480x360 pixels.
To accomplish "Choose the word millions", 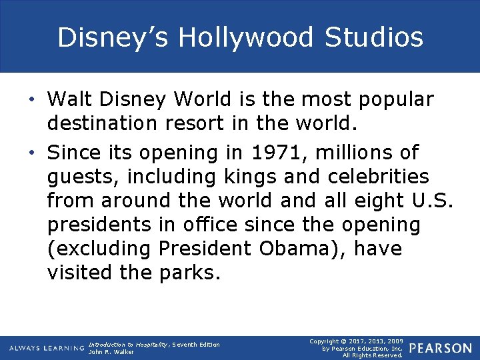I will coord(347,153).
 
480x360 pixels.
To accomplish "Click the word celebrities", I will coord(379,177).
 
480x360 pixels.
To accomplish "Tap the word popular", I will coord(396,99).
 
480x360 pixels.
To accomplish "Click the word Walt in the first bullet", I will coord(69,99).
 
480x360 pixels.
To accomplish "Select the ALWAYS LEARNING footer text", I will coord(45,348).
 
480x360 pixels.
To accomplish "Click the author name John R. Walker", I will coord(111,351).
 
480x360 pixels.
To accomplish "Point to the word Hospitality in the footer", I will coord(153,344).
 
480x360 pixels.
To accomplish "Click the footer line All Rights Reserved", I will coord(373,355).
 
